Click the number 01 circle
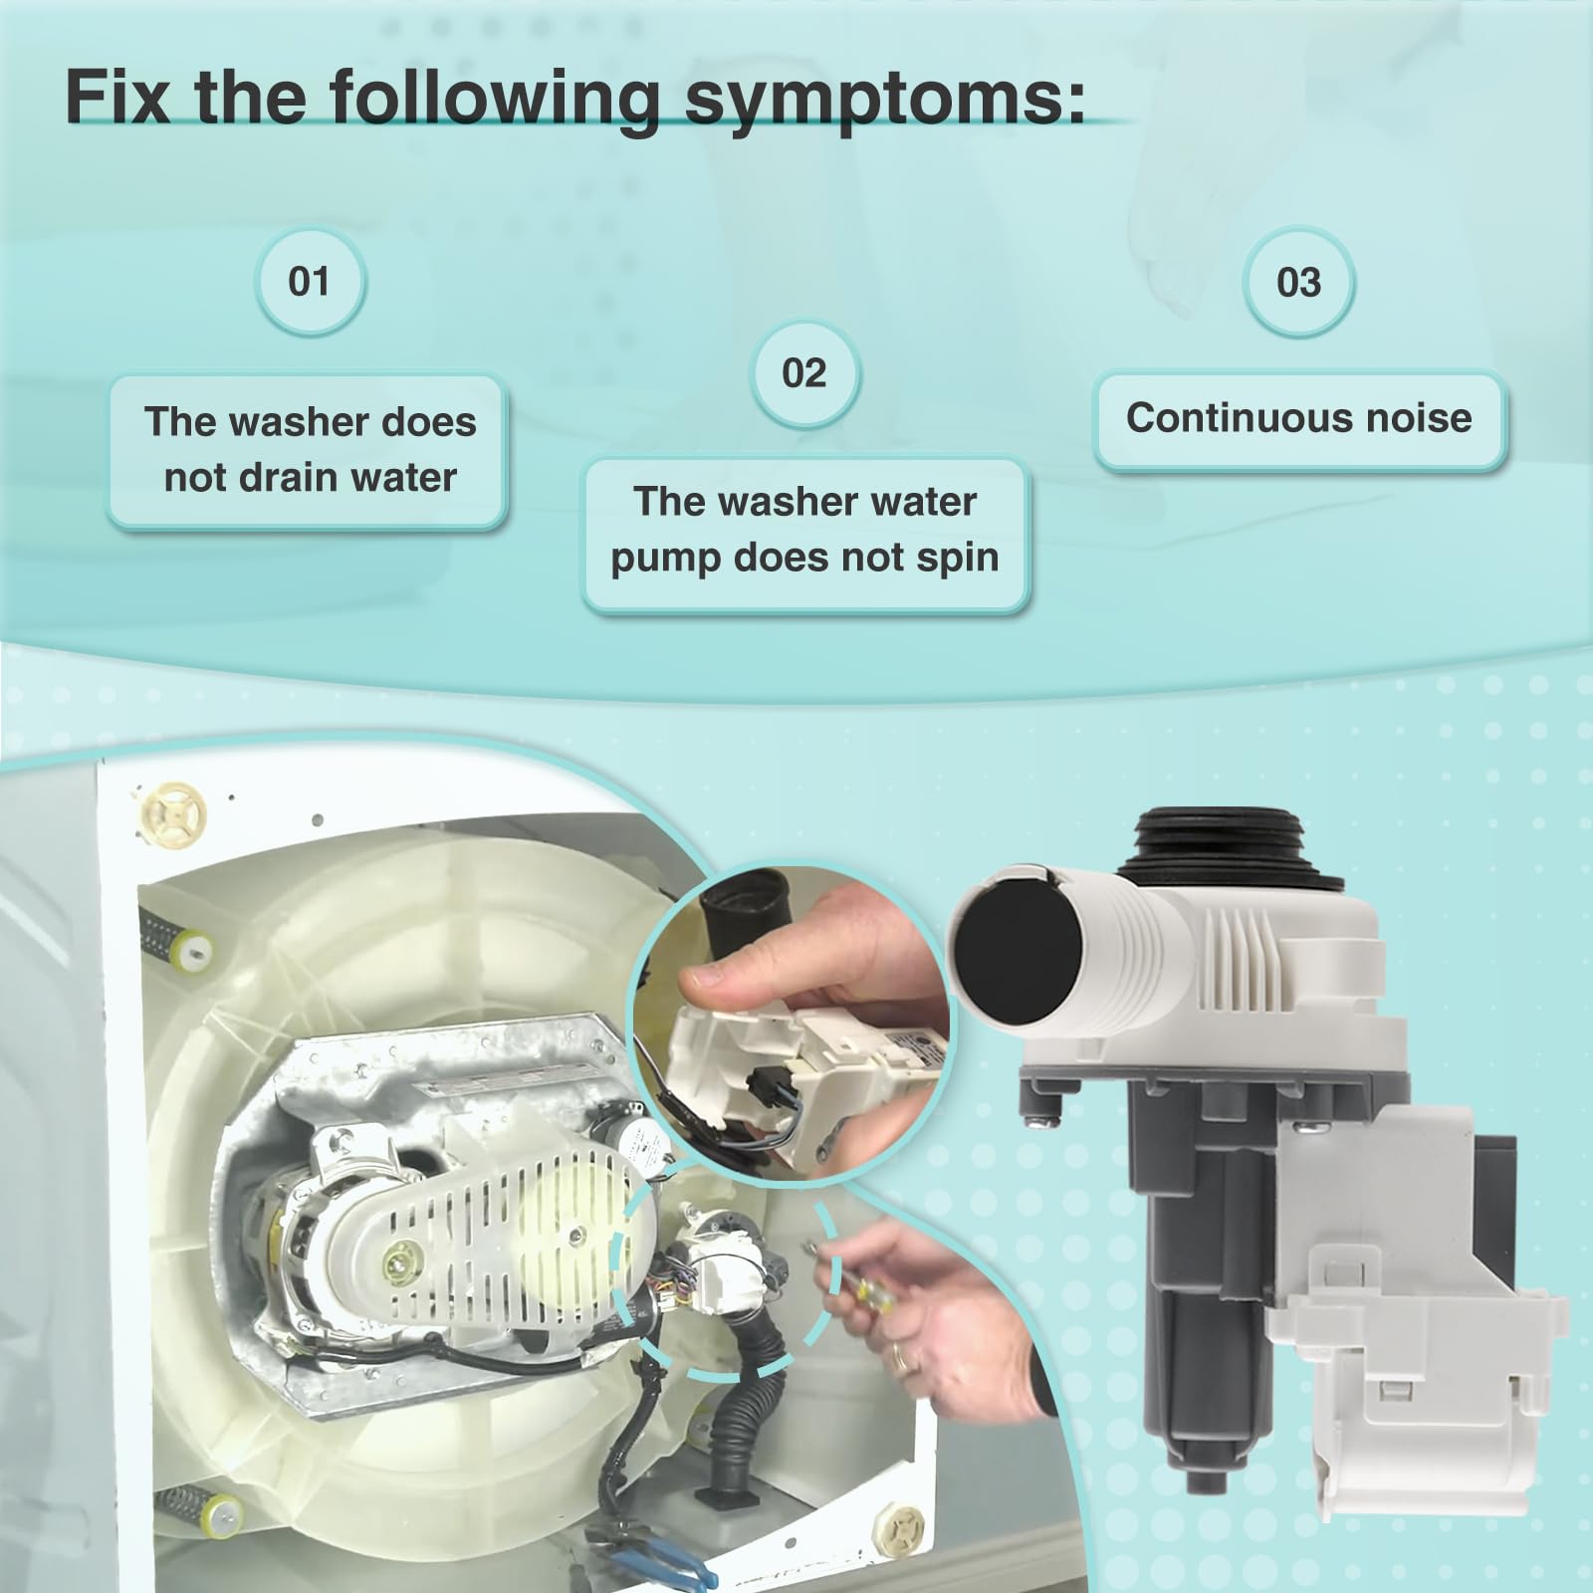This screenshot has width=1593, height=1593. pos(309,282)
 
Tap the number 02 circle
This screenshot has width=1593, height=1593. pos(803,373)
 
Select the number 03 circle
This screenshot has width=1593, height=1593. pos(1298,283)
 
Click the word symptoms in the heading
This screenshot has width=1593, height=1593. pos(883,100)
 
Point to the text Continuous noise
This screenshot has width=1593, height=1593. pos(1298,418)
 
